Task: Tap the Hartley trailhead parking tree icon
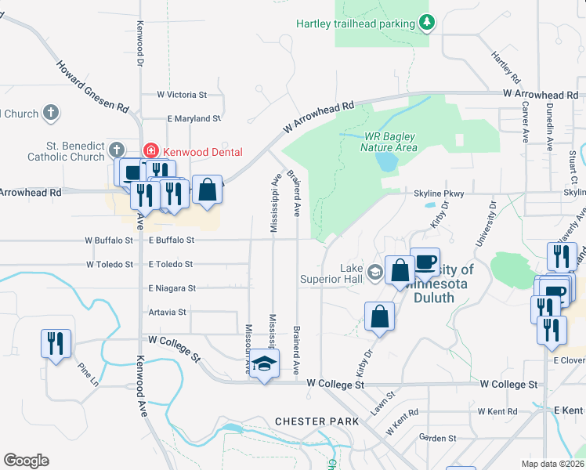[427, 23]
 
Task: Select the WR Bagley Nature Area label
[389, 141]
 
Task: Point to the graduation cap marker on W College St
[266, 364]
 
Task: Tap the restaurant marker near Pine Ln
[56, 344]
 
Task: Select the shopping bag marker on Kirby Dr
[380, 318]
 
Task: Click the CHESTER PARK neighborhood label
[317, 421]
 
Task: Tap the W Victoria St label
[181, 95]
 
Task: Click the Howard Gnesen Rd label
[92, 84]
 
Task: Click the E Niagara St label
[171, 288]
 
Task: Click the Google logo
[26, 461]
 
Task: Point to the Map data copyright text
[553, 464]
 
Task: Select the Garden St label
[437, 438]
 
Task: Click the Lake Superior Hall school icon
[374, 273]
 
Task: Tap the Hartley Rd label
[505, 67]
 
